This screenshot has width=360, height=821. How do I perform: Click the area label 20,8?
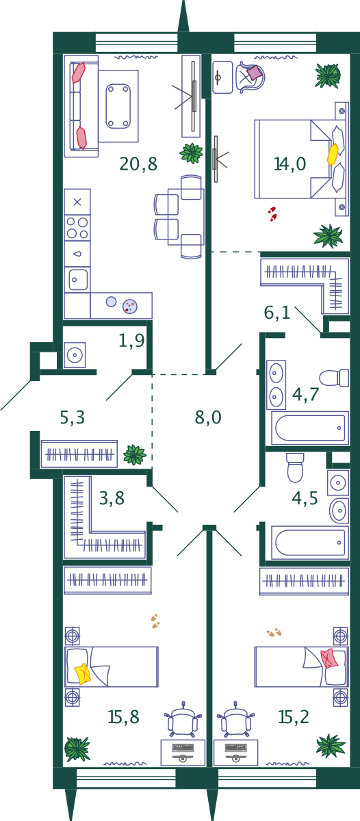pos(138,164)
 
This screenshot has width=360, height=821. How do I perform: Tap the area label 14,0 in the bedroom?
pos(290,164)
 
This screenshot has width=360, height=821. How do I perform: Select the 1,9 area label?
pos(131,341)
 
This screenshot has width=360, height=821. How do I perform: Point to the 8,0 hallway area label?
pos(208,417)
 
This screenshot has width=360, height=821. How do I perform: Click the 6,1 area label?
pos(277,313)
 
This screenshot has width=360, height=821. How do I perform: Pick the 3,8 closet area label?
pos(112,499)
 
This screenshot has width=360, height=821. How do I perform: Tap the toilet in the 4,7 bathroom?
pos(334,378)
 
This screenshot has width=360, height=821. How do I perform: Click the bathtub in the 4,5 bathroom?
pos(310,543)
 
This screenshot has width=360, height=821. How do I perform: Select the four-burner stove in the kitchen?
pos(77,228)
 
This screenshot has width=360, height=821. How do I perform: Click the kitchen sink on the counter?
pos(77,280)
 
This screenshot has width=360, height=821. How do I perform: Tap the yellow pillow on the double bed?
pos(333,155)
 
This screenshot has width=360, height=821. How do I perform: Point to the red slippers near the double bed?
pos(272,214)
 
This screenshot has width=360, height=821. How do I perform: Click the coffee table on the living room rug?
pos(118,106)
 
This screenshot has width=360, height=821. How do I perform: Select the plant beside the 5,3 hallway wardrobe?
pos(135,454)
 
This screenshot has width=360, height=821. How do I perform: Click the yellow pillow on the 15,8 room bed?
pos(82,674)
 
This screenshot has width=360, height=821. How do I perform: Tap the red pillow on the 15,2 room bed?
pos(329,658)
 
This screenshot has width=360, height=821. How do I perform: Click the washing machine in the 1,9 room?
pos(75,355)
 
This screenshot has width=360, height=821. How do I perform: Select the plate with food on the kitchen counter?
pos(130,307)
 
